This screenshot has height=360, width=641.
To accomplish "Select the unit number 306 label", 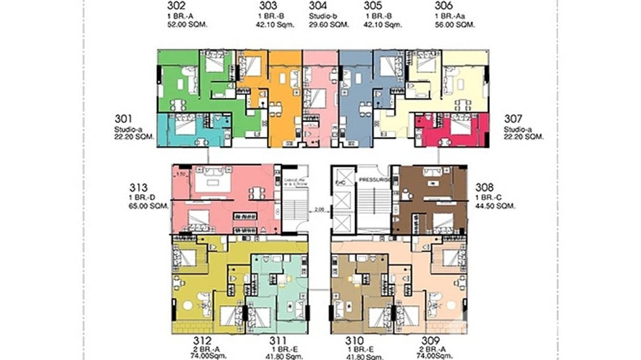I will pyautogui.click(x=444, y=6).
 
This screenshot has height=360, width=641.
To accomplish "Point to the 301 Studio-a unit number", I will pyautogui.click(x=124, y=118).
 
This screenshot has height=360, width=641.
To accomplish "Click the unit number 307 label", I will pyautogui.click(x=514, y=118).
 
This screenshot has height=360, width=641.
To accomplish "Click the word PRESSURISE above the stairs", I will pyautogui.click(x=375, y=180).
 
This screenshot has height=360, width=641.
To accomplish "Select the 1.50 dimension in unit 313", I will pyautogui.click(x=181, y=174).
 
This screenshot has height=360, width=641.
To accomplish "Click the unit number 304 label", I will pyautogui.click(x=318, y=6).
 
